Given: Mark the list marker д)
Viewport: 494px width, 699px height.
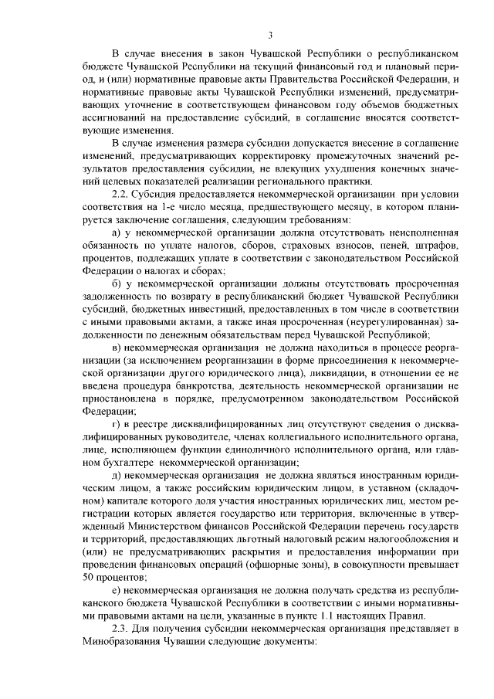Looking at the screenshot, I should (117, 473).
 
